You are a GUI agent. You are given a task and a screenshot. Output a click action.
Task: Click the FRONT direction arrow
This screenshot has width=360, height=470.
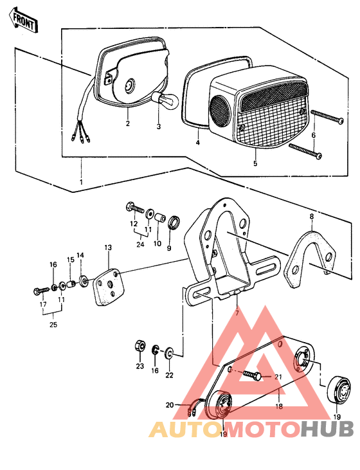point(23,22)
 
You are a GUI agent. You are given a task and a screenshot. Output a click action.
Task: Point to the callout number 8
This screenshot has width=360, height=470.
point(311,218)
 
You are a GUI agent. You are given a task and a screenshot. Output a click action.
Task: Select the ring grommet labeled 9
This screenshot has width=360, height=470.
point(174,223)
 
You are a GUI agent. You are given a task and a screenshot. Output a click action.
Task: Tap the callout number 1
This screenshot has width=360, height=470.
point(81,183)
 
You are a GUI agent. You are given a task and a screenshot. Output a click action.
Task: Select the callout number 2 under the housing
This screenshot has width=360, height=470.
point(128,123)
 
